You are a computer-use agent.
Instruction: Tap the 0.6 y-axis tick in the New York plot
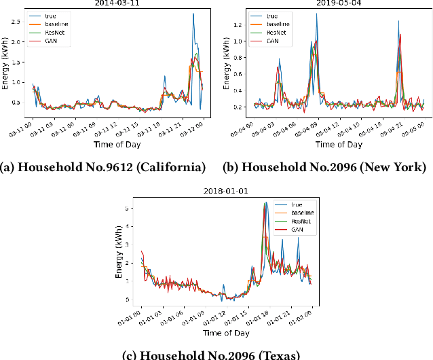point(236,74)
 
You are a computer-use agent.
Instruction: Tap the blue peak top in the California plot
point(193,14)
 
